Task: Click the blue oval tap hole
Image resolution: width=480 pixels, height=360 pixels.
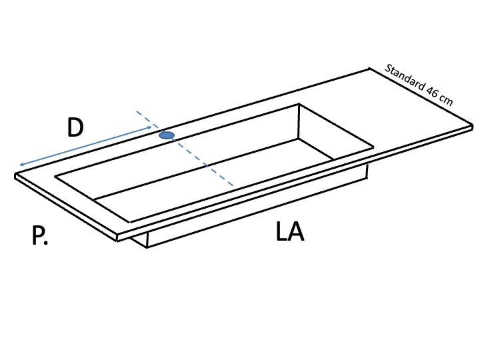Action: click(x=167, y=135)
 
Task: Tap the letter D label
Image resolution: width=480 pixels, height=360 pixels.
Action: click(x=75, y=127)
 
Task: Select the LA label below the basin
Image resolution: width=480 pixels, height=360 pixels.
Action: click(x=290, y=231)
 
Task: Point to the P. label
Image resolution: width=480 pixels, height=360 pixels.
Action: click(x=40, y=235)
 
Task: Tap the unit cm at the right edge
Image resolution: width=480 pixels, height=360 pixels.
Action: click(x=446, y=101)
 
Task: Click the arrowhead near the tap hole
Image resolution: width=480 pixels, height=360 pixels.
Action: click(x=149, y=127)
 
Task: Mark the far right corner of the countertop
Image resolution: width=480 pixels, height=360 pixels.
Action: click(x=473, y=125)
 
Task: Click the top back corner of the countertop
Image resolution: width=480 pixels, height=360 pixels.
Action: click(x=369, y=69)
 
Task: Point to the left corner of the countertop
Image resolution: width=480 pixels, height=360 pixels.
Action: click(x=15, y=175)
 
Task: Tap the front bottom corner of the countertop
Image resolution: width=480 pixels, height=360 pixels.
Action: click(x=117, y=241)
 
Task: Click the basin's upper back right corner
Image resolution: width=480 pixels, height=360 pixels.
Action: click(x=299, y=104)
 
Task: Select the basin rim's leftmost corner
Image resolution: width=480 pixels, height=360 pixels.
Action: click(x=55, y=176)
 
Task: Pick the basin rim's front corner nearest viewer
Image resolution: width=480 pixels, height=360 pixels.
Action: click(x=130, y=222)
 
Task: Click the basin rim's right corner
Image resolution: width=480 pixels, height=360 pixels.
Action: click(x=373, y=147)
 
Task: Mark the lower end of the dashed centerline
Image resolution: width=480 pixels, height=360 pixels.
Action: click(x=233, y=185)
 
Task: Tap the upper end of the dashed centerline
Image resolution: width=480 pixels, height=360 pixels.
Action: click(x=137, y=111)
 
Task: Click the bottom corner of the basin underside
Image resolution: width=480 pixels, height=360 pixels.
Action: click(x=147, y=247)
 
